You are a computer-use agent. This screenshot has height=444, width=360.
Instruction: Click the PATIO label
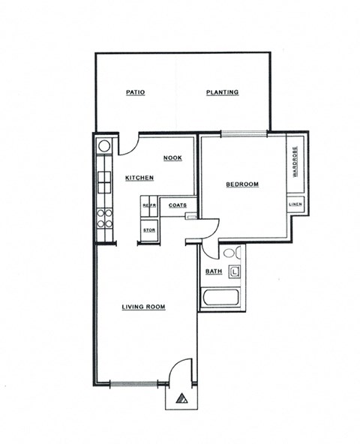[x=135, y=93]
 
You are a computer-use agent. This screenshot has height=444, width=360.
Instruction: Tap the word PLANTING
[x=223, y=93]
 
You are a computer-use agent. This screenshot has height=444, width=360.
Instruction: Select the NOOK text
[x=173, y=158]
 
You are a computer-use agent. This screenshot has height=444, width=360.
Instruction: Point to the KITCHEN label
[x=139, y=178]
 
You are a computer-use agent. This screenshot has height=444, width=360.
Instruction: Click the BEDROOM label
[x=242, y=184]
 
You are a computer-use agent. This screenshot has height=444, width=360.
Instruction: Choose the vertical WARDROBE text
[x=295, y=161]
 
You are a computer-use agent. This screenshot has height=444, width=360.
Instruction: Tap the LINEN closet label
[x=295, y=204]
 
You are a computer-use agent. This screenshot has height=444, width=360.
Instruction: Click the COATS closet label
[x=178, y=205]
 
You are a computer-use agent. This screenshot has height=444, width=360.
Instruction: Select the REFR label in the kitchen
[x=148, y=205]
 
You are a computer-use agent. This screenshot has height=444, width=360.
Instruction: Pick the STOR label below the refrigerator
[x=148, y=229]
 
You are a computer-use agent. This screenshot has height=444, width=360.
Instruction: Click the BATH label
[x=213, y=271]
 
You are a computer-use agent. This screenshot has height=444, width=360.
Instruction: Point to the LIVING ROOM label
[x=143, y=307]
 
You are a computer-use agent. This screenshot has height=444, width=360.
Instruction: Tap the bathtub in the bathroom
[x=220, y=301]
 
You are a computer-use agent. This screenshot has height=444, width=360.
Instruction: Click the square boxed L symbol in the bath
[x=235, y=271]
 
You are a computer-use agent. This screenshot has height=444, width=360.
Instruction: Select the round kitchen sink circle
[x=104, y=145]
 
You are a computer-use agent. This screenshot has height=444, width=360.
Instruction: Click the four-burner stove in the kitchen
[x=104, y=218]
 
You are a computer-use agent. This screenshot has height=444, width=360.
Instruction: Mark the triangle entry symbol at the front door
[x=181, y=399]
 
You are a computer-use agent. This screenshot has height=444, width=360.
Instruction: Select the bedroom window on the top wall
[x=243, y=134]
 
